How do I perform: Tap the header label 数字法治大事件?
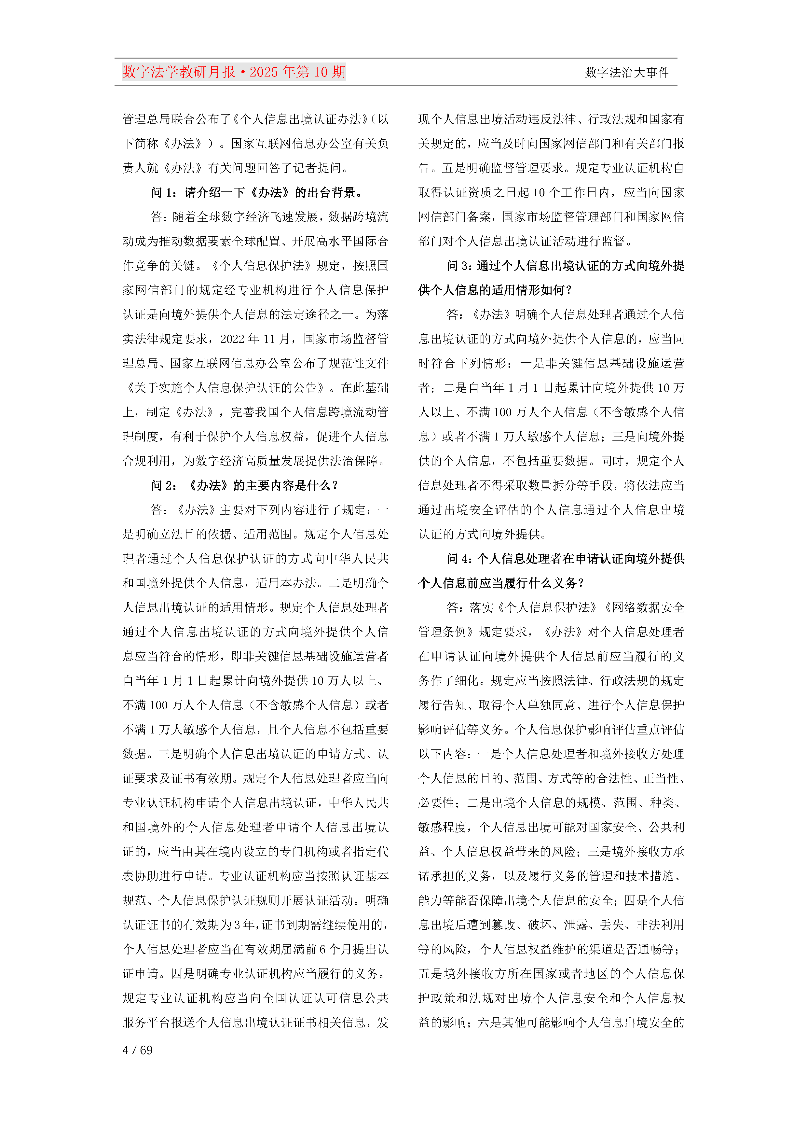click(627, 73)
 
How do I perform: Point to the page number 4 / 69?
click(137, 1050)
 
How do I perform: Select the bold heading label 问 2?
click(164, 485)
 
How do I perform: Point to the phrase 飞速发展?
click(292, 217)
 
